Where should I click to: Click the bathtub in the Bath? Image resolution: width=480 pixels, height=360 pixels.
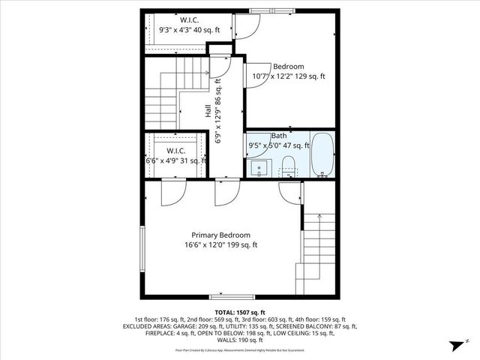click(323, 155)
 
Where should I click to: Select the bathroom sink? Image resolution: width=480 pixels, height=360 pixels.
click(259, 166)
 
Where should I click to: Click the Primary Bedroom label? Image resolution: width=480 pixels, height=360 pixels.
click(220, 235)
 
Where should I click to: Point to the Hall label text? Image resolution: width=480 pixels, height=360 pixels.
click(208, 110)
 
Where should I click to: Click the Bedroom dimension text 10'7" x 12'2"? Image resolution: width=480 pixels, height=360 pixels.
click(277, 76)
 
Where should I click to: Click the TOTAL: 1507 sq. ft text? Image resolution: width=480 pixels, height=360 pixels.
click(240, 311)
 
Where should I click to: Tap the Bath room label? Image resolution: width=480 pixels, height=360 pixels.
click(279, 136)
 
